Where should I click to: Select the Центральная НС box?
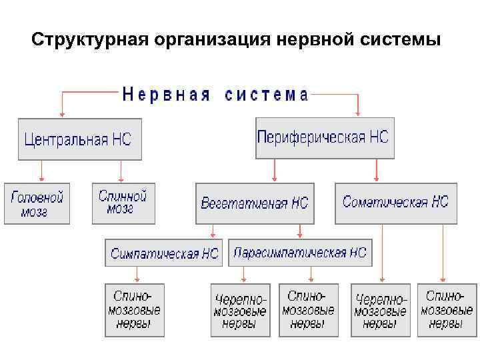coord(80,140)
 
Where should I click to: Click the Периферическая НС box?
coord(325,138)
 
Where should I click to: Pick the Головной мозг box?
coord(37,203)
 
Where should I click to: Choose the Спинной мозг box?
coord(123,203)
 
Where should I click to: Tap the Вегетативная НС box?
coord(256,203)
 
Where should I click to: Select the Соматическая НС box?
coord(396,202)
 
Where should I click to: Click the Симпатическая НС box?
coord(164,253)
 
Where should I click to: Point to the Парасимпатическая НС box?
coord(300,253)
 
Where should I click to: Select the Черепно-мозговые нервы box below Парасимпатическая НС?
coord(240,310)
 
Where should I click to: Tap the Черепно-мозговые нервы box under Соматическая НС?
coord(380,310)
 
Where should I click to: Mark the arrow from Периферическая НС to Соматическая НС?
coord(377,170)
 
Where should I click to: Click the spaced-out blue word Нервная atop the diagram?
coord(167,95)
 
